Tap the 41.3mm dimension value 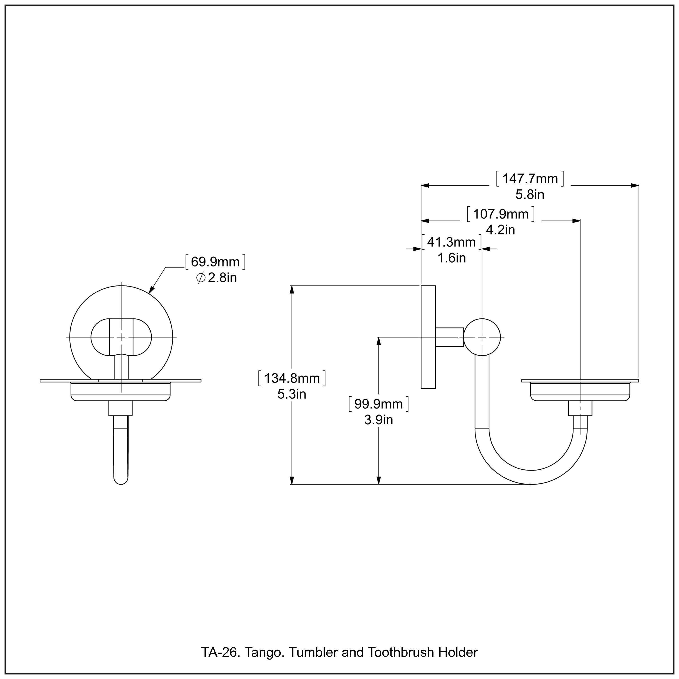pos(451,242)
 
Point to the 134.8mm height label pos(292,378)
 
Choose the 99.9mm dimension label pos(378,404)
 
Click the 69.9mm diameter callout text pos(215,262)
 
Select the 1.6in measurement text pos(451,258)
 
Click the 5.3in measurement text pos(292,394)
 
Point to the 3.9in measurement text pos(378,420)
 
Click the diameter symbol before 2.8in pos(201,278)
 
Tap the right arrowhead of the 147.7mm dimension pos(635,185)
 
